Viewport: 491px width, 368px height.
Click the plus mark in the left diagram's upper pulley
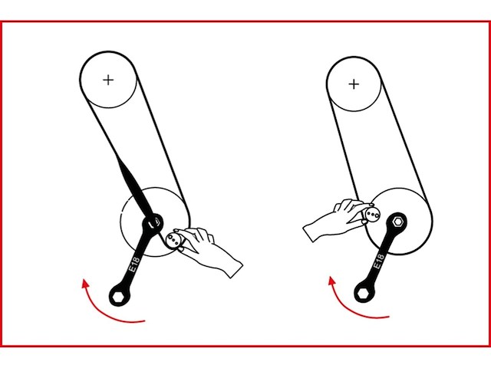pos(108,79)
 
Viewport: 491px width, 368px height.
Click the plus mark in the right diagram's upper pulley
pos(353,83)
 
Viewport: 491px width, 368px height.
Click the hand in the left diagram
pos(211,250)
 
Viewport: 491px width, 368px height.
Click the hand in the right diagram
pos(331,221)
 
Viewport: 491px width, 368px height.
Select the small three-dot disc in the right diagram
pos(371,215)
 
